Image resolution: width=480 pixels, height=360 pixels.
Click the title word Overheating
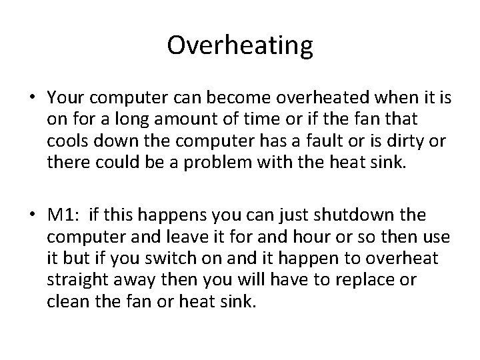click(x=240, y=45)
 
